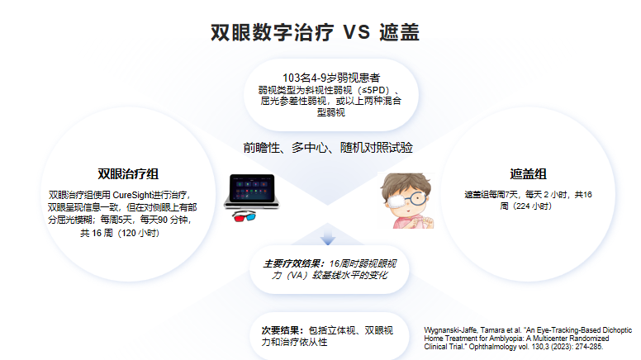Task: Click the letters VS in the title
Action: click(x=357, y=32)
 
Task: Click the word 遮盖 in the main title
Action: click(x=399, y=32)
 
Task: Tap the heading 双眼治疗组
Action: click(x=128, y=174)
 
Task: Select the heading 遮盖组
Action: click(x=528, y=174)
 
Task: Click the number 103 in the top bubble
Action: click(x=291, y=78)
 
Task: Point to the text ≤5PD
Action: click(x=373, y=90)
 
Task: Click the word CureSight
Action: click(x=132, y=195)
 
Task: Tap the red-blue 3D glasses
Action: click(x=244, y=216)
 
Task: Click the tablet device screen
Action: click(x=251, y=188)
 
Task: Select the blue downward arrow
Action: click(x=327, y=237)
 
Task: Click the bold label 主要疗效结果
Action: click(x=293, y=264)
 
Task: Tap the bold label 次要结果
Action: click(x=282, y=330)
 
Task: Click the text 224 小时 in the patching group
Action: click(x=525, y=206)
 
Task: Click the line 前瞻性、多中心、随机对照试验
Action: click(x=328, y=148)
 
